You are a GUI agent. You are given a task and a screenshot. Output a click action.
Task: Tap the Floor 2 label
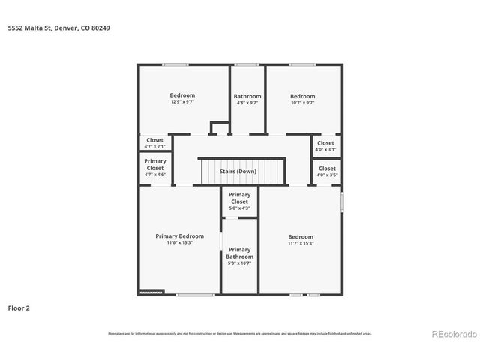point(19,307)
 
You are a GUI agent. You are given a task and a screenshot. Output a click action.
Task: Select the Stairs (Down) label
point(238,172)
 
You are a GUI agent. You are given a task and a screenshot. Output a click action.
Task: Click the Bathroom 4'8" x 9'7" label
point(247,96)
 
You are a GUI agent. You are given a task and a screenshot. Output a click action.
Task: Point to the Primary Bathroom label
point(239,253)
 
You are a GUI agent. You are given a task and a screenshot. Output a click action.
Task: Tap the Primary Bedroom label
point(179,236)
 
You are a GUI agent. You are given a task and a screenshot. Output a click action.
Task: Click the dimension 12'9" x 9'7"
point(182,102)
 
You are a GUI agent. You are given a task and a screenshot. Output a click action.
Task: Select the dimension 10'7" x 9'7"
point(303,102)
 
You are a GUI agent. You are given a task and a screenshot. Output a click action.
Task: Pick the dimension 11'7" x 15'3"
point(301,243)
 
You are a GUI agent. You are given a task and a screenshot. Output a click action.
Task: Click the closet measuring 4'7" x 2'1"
point(155,142)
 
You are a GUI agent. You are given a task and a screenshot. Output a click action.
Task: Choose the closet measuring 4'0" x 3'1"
point(325,145)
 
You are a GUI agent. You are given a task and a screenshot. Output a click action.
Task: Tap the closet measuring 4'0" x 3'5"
point(327,172)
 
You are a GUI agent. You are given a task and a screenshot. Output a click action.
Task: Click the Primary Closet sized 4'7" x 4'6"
point(155,167)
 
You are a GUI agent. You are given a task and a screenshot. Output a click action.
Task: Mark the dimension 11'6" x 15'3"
point(179,243)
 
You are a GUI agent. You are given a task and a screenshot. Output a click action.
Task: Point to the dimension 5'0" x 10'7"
point(239,263)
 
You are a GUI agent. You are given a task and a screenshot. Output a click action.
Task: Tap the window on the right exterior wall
point(342,201)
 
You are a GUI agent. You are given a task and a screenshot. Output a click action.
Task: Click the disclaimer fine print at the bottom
point(240,333)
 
